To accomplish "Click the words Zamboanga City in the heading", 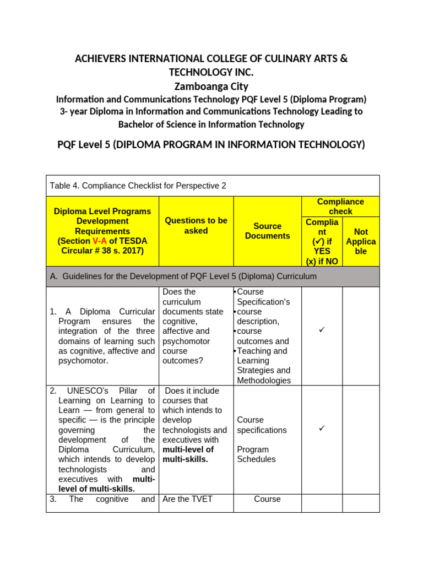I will coord(211,86).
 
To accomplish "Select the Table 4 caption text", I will coord(138,186).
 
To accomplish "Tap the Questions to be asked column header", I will coord(196,226).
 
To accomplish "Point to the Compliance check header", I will coord(340,207).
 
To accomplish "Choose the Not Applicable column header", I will coord(361,241).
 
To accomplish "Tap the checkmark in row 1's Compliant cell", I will coord(322,329).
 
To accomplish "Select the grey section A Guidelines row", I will coord(213,276).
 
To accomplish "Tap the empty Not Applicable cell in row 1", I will coord(361,336).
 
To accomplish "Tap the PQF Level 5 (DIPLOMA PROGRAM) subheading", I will coord(211,145).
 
